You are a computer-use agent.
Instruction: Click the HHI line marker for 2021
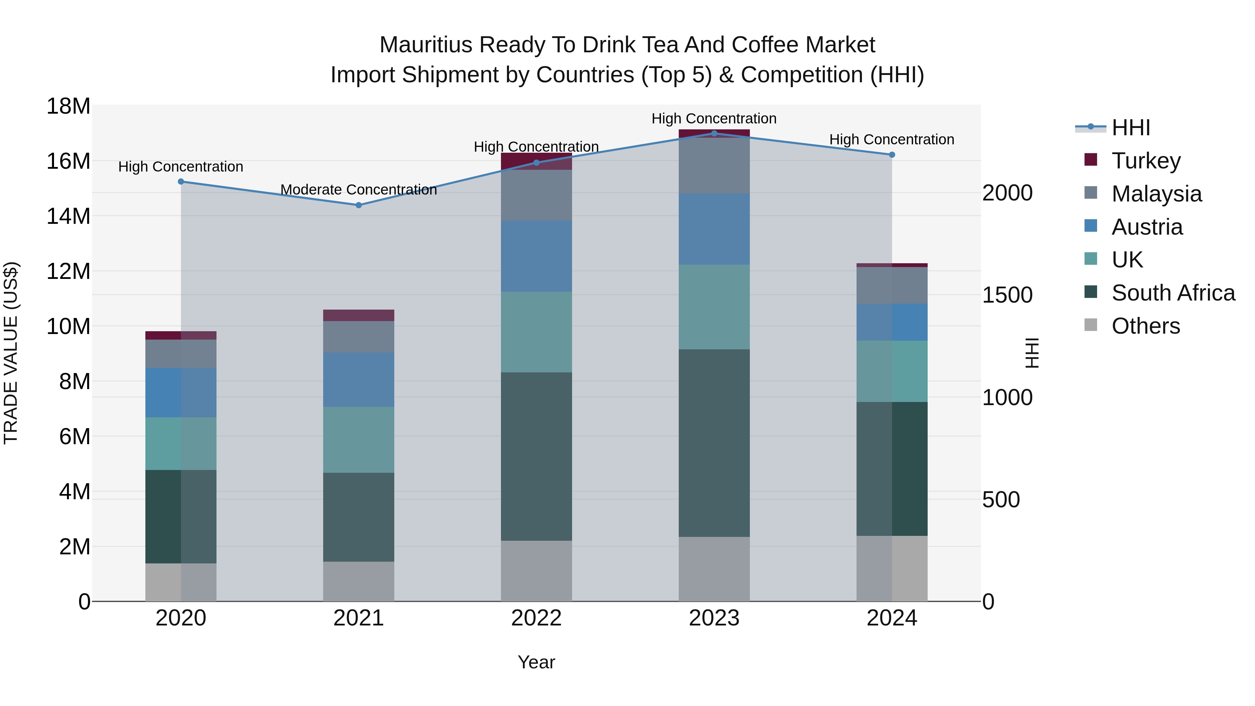click(x=359, y=205)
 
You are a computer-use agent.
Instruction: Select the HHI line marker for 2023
click(x=714, y=133)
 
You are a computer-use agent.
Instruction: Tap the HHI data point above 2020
click(x=181, y=181)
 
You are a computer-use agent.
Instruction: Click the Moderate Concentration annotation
click(x=359, y=190)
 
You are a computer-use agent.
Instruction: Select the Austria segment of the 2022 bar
click(x=537, y=256)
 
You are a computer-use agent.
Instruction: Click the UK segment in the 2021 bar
click(x=359, y=440)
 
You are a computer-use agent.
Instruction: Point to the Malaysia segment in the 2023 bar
click(x=714, y=166)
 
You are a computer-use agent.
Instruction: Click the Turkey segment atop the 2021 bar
click(x=359, y=315)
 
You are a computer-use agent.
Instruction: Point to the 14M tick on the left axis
click(x=68, y=216)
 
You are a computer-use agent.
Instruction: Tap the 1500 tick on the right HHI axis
click(x=1006, y=295)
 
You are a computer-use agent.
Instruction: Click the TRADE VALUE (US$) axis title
click(x=11, y=353)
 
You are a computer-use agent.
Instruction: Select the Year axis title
click(x=537, y=662)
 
